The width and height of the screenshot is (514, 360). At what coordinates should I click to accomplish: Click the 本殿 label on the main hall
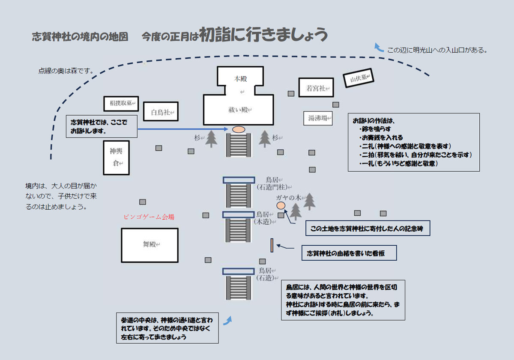click(x=240, y=79)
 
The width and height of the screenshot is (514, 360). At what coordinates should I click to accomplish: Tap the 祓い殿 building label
click(x=238, y=110)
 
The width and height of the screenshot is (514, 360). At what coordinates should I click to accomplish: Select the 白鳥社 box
click(x=161, y=112)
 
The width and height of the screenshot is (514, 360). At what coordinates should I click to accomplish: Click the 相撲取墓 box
click(x=120, y=104)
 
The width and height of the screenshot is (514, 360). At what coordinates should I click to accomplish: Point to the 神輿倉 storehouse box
click(x=116, y=158)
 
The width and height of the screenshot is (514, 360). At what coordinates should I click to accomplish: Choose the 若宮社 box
click(x=316, y=88)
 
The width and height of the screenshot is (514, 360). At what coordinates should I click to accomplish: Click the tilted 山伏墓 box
click(x=359, y=78)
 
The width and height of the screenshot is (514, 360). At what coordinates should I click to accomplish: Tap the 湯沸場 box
click(x=318, y=119)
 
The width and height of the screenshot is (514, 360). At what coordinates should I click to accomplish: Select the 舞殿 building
click(x=149, y=245)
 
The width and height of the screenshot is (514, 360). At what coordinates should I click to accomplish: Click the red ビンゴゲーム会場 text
click(x=148, y=217)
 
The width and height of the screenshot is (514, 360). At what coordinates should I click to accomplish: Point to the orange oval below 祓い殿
click(x=238, y=129)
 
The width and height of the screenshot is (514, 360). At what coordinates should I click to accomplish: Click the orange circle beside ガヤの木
click(x=281, y=206)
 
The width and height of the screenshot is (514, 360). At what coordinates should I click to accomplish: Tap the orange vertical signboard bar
click(x=272, y=245)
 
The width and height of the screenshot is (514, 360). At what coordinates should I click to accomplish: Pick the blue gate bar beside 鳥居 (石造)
click(x=238, y=271)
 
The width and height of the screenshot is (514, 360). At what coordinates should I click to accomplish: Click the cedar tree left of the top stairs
click(x=211, y=139)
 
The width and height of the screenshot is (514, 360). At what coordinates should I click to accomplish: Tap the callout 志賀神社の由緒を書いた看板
click(x=349, y=253)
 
